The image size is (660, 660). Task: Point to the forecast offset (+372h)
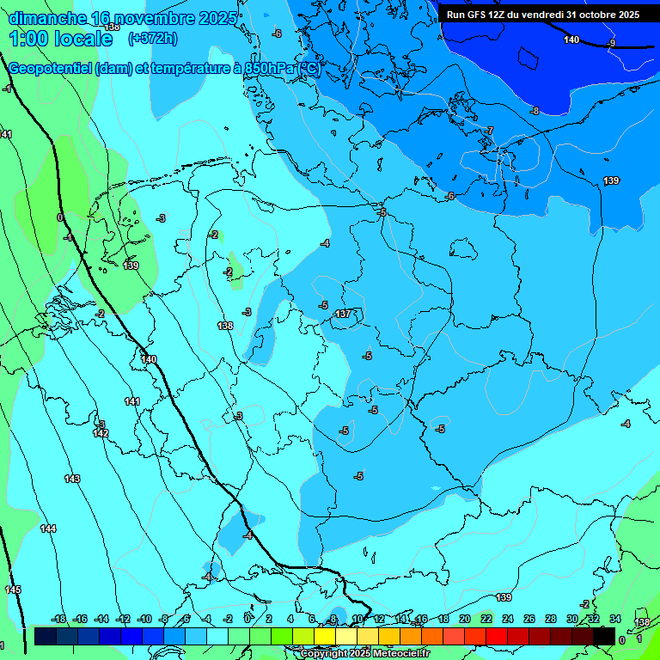(152, 39)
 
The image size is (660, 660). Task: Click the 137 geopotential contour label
(343, 314)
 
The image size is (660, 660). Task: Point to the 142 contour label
(101, 433)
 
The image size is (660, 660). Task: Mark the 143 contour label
(72, 479)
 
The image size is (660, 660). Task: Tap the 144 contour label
(48, 529)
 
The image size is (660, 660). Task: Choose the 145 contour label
(13, 590)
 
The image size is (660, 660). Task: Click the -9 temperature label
(611, 43)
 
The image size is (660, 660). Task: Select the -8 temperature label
(534, 111)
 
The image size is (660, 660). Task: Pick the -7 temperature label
(489, 131)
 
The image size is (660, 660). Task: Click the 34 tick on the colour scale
(614, 620)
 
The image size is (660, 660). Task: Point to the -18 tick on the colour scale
(58, 620)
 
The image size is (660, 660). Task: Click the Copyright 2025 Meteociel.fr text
(364, 653)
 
